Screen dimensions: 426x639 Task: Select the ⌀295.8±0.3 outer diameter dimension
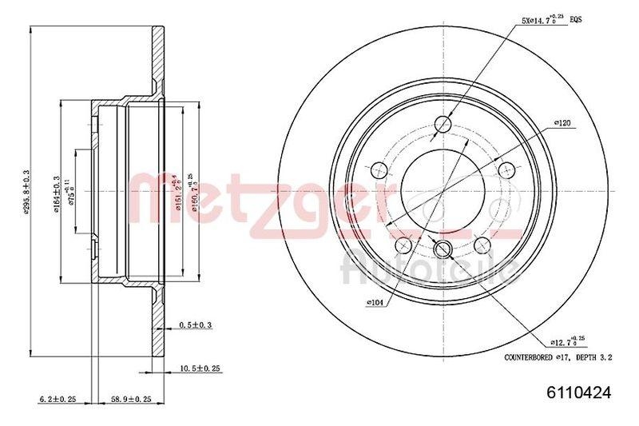(26, 192)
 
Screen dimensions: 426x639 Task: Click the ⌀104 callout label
(376, 303)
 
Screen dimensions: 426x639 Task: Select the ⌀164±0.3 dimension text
(57, 192)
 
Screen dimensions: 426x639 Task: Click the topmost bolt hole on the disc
(443, 123)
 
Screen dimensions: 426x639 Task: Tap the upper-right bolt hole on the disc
(506, 169)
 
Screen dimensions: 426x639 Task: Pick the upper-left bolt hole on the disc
(380, 169)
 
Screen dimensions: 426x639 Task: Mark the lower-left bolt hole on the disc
(404, 244)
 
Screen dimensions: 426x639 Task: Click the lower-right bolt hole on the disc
(482, 244)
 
